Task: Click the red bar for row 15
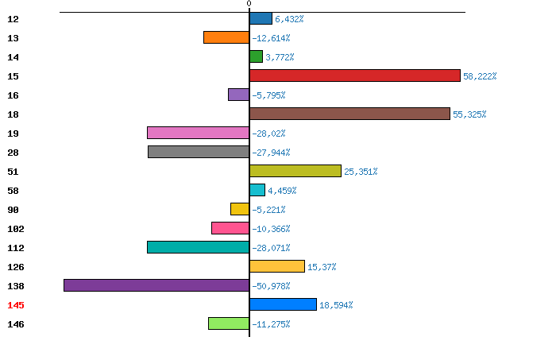(355, 75)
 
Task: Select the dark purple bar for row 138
(156, 285)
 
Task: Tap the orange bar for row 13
(226, 37)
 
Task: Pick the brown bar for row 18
(349, 114)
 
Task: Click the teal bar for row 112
(199, 247)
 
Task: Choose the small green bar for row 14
(256, 56)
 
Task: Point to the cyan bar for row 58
(257, 190)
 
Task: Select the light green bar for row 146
(229, 323)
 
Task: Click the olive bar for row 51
(295, 171)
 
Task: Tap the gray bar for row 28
(199, 152)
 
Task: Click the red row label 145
(16, 305)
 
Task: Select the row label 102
(16, 229)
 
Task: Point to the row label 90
(13, 210)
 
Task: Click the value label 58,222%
(480, 76)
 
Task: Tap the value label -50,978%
(271, 286)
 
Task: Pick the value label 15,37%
(322, 267)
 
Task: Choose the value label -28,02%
(268, 134)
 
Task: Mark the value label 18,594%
(336, 305)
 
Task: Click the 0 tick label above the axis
(249, 3)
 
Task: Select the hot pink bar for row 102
(230, 228)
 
